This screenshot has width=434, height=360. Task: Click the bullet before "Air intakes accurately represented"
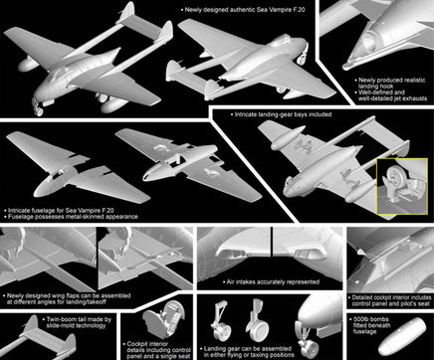pos(208,280)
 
